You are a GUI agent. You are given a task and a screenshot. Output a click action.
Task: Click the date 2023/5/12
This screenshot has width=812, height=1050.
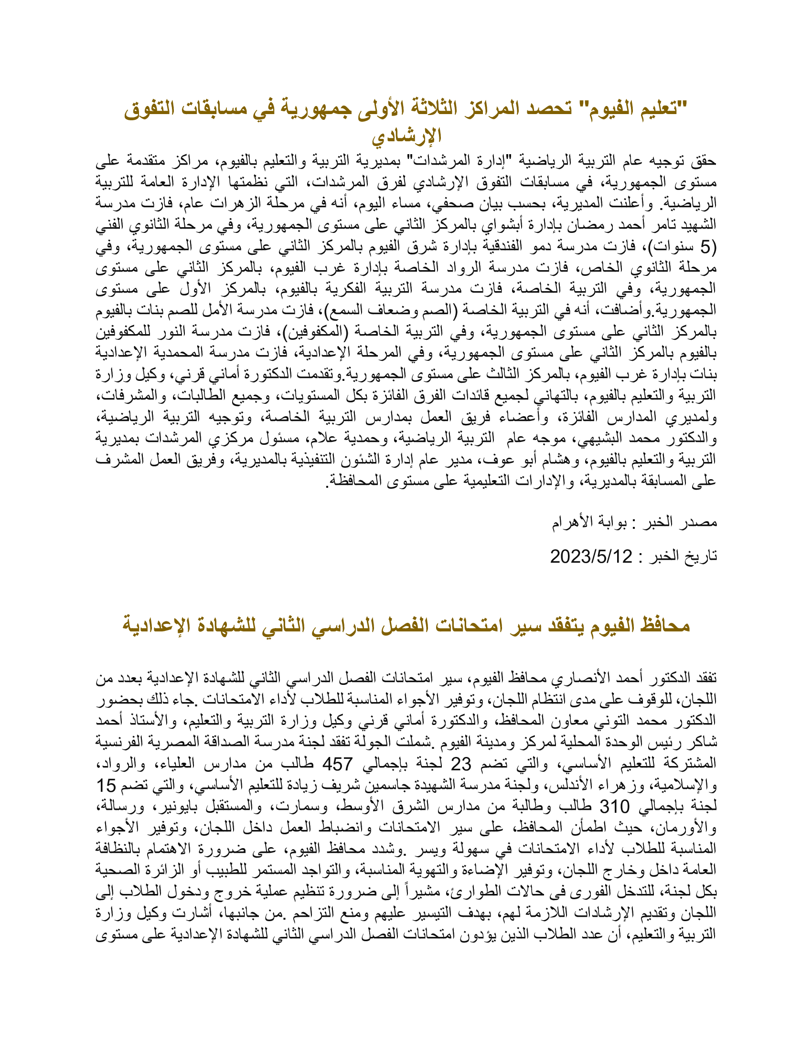pos(591,556)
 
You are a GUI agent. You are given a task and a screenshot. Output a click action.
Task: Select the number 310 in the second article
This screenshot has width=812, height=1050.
pos(614,806)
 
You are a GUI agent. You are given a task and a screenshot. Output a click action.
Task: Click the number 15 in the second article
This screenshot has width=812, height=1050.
pos(107,785)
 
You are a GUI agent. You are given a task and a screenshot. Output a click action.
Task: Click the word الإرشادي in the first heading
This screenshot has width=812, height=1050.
pos(406,136)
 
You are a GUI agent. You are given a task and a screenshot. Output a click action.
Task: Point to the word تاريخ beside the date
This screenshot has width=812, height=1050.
pos(700,556)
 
